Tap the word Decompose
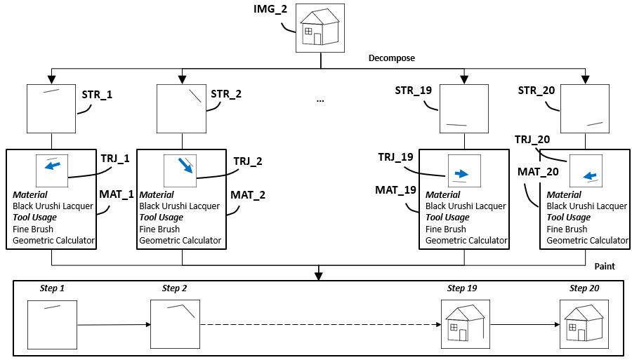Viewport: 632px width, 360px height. (392, 58)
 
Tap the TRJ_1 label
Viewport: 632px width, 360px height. (115, 159)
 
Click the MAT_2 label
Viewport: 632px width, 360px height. (248, 194)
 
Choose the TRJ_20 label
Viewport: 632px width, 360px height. (532, 140)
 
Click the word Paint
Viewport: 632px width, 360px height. (605, 267)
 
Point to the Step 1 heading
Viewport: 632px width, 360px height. (51, 288)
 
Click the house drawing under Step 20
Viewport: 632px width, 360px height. (583, 324)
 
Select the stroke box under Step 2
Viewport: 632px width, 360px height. (175, 324)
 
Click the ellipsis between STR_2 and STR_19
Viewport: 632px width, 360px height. (320, 100)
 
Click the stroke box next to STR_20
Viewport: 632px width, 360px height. (586, 108)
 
